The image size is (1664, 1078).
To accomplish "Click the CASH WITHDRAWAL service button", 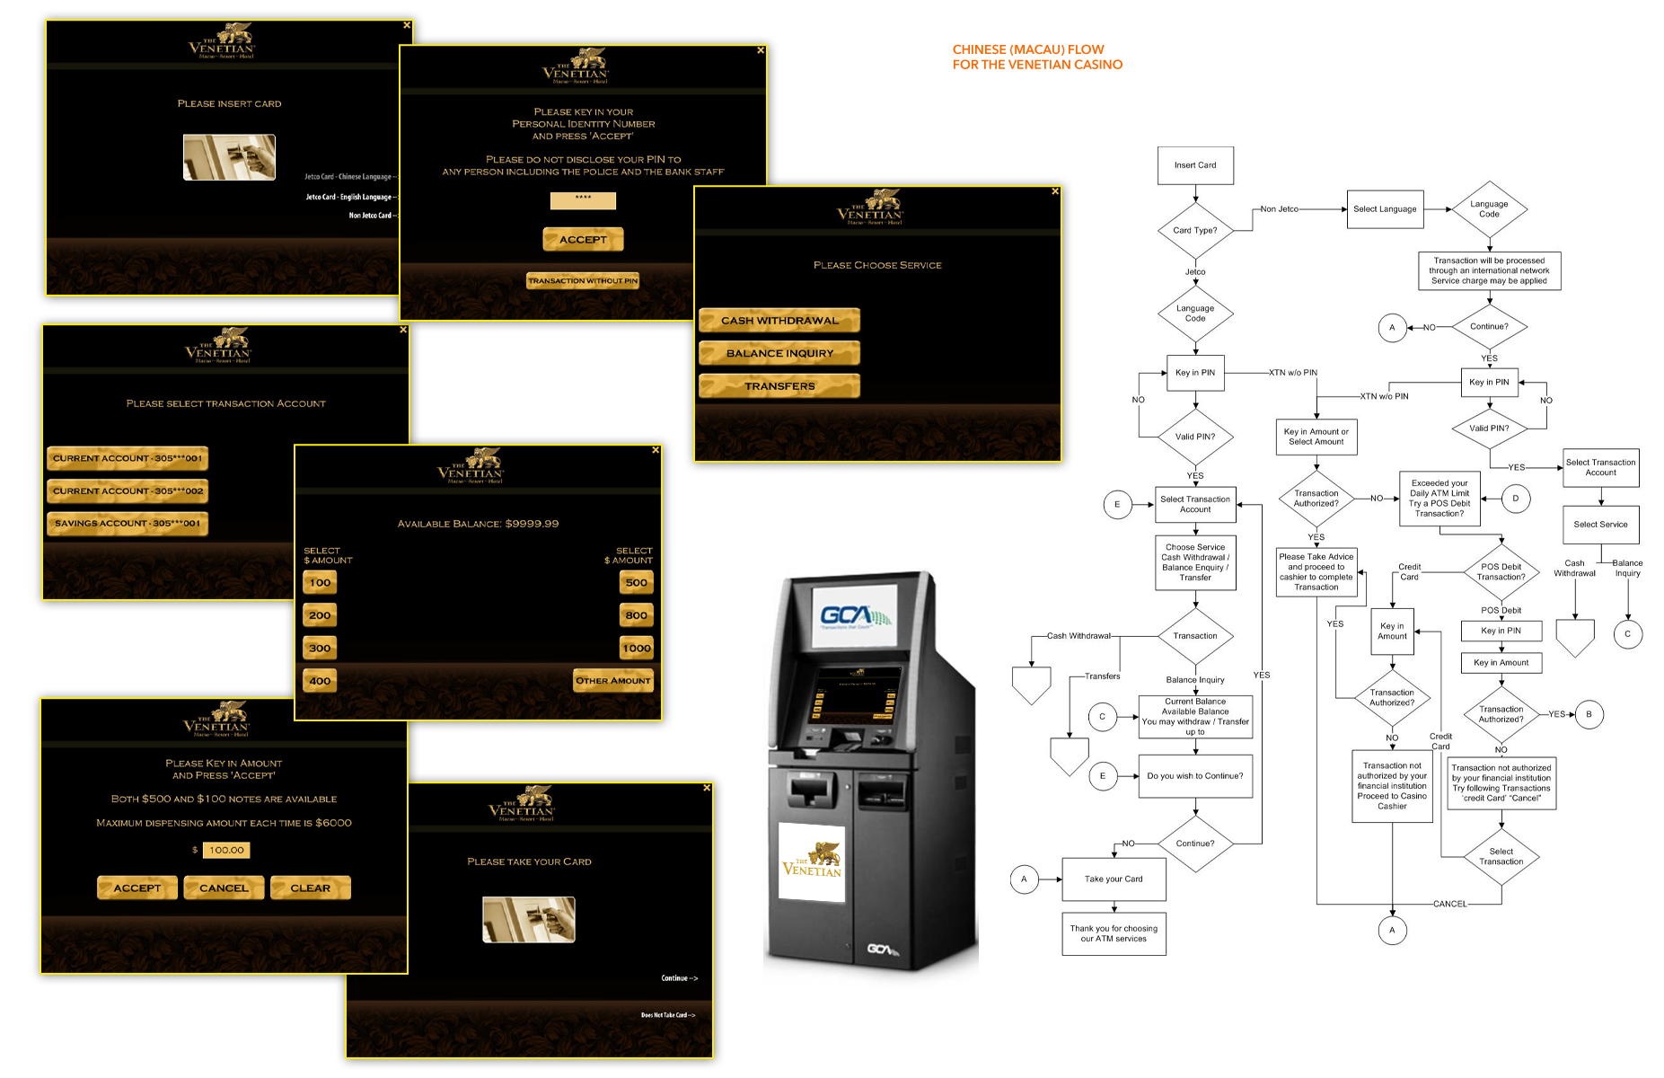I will [779, 321].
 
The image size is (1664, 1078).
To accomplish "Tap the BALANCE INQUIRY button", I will [779, 353].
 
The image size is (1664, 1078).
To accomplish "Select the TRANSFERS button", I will [779, 386].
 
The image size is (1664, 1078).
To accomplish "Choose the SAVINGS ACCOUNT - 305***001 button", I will [128, 524].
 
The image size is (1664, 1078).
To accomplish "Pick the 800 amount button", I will [636, 615].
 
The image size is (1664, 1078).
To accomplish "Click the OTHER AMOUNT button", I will [613, 681].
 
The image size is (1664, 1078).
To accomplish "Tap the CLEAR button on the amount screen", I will [310, 888].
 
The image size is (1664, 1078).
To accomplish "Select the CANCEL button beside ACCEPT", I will [224, 888].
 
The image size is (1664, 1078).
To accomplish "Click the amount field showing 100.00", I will [226, 850].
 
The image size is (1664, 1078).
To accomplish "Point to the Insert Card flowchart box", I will [1195, 165].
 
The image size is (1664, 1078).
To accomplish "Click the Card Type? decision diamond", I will [1195, 230].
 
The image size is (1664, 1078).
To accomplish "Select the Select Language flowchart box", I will [1385, 209].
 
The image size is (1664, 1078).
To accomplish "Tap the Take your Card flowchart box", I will [1114, 879].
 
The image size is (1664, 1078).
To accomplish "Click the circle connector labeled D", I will [1516, 499].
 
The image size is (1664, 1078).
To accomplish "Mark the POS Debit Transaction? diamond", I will [1501, 572].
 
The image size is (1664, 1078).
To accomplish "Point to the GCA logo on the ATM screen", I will [854, 616].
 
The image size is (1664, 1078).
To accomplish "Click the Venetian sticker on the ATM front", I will [812, 862].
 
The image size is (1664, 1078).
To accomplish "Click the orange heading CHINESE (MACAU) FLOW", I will [1028, 49].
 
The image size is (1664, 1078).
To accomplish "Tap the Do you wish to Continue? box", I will [1195, 776].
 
